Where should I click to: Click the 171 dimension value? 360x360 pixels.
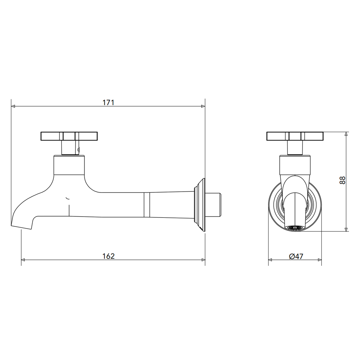[x=108, y=103]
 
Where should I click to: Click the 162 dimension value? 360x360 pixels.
[x=108, y=256]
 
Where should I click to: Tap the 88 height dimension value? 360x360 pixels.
[x=342, y=181]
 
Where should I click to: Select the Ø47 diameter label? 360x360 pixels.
[x=296, y=256]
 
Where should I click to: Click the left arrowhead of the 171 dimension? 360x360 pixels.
[x=13, y=106]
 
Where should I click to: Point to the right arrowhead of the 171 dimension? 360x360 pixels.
[x=203, y=106]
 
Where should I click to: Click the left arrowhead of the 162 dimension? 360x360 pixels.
[x=23, y=260]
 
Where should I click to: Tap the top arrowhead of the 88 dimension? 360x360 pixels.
[x=346, y=134]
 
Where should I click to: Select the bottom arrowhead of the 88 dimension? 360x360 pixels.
[x=346, y=229]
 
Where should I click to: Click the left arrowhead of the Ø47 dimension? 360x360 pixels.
[x=270, y=260]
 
